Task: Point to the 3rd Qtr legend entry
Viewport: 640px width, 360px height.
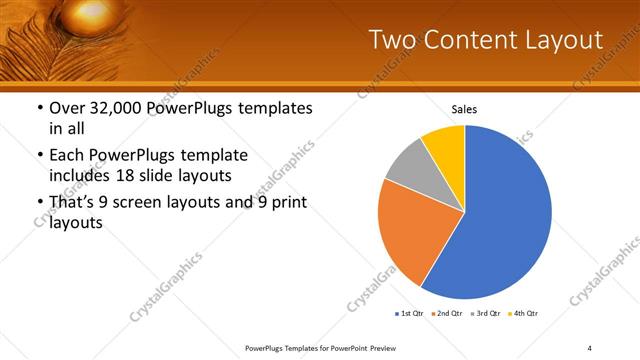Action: tap(484, 314)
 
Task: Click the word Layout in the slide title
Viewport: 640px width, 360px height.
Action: tap(561, 40)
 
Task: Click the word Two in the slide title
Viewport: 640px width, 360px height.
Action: tap(393, 40)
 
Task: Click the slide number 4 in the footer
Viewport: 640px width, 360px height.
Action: tap(590, 347)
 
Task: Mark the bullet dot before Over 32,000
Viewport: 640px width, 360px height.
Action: tap(38, 109)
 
